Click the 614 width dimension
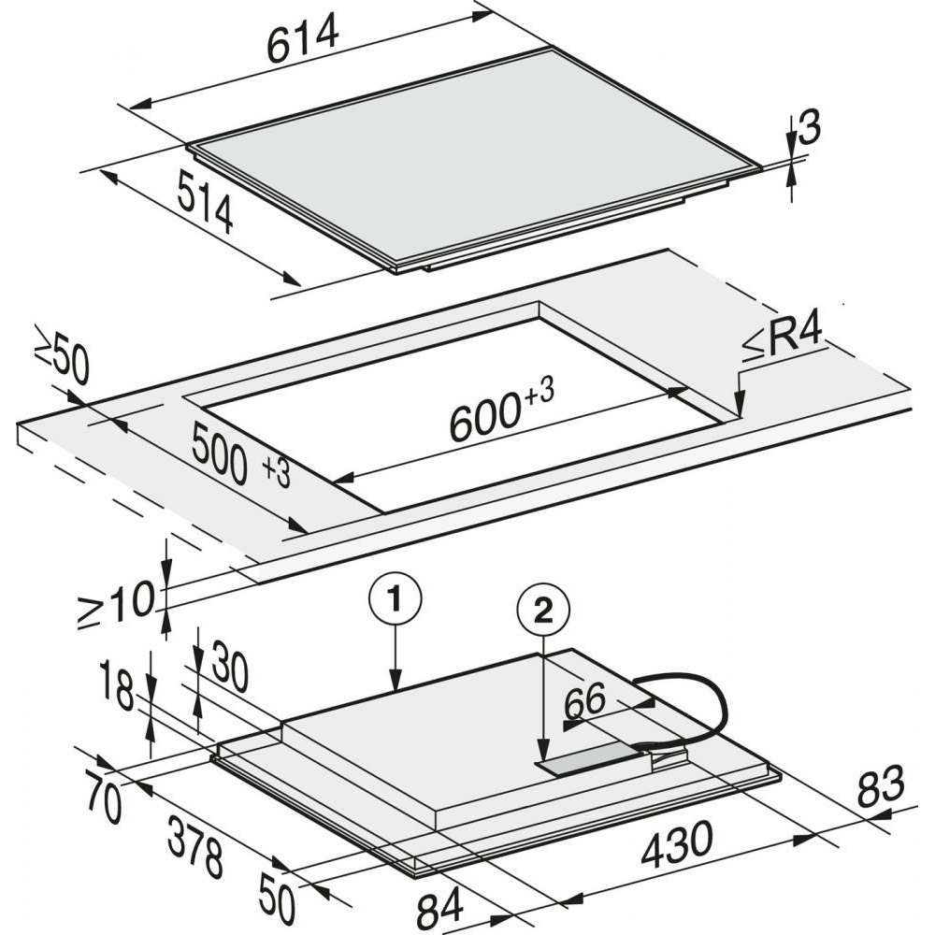point(302,40)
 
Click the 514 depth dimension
point(205,201)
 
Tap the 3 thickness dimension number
point(809,127)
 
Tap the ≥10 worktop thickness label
point(116,603)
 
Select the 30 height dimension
point(229,667)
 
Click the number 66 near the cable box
point(584,702)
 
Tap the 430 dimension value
point(676,843)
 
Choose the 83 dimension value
point(881,785)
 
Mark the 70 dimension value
point(104,796)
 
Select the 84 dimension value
point(440,907)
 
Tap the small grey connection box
point(590,759)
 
